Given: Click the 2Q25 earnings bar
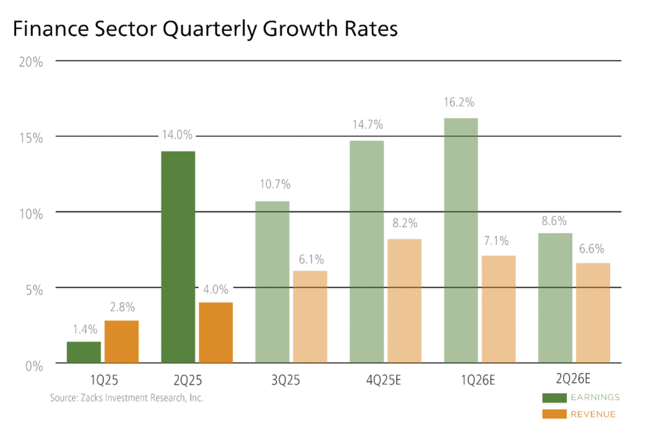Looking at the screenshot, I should [178, 257].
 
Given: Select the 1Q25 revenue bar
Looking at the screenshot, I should [122, 342].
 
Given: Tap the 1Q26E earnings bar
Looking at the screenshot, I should [461, 241].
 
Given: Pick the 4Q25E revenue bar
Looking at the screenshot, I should [404, 301].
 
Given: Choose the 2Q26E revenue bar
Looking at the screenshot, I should [593, 313].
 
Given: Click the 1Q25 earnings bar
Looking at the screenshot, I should [84, 352].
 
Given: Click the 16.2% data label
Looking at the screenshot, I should [461, 102].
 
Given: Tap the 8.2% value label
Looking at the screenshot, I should [404, 224].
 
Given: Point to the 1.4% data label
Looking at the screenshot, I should [84, 329].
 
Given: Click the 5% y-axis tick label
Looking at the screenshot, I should [33, 289].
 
